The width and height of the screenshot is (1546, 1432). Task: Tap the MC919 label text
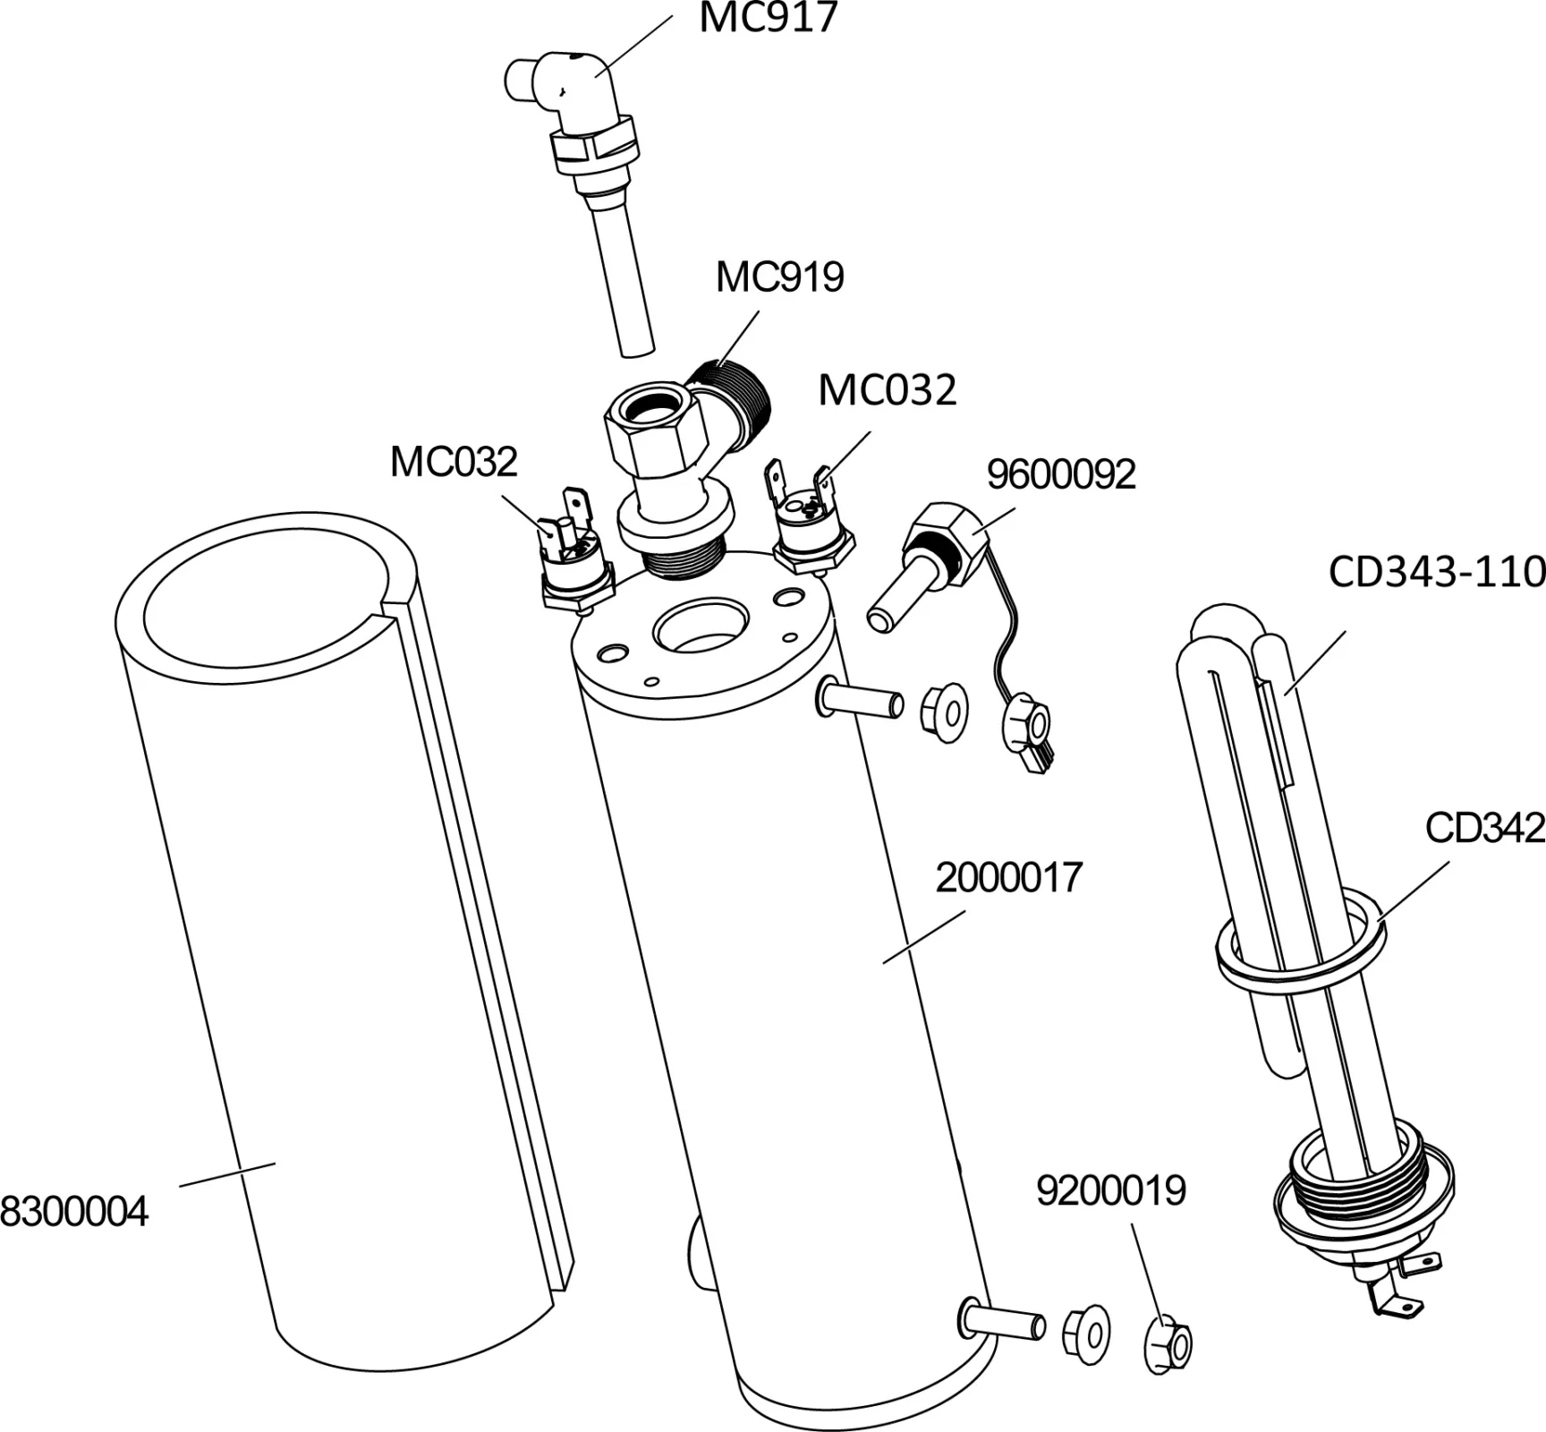point(779,277)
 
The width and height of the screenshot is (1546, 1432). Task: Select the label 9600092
point(1060,474)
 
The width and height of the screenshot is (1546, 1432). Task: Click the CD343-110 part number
point(1436,572)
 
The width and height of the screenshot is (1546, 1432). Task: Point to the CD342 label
point(1484,828)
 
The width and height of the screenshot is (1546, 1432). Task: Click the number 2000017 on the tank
point(1008,878)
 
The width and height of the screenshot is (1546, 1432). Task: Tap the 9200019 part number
point(1110,1190)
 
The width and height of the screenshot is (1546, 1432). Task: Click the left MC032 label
point(454,463)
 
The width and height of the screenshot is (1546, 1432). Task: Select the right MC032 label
point(887,390)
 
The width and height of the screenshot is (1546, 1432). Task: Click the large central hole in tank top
point(701,626)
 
